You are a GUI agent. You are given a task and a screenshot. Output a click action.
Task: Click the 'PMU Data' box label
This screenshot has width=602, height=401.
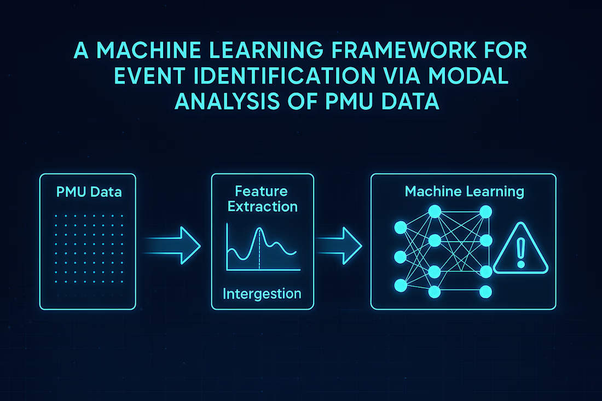(x=89, y=193)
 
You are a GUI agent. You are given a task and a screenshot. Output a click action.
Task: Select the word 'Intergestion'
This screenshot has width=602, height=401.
(x=262, y=294)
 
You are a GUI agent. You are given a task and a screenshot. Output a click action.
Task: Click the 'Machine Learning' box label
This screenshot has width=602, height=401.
(x=464, y=191)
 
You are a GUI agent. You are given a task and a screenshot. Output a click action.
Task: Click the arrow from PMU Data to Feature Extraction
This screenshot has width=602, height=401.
(x=172, y=245)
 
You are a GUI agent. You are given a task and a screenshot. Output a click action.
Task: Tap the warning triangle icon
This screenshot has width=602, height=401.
(x=520, y=252)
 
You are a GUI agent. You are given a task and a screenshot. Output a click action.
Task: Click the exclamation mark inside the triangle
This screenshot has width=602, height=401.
(x=520, y=253)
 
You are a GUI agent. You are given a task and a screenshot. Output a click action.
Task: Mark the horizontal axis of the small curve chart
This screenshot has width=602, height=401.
(x=263, y=269)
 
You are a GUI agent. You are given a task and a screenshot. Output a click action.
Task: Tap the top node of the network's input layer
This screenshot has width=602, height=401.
(x=400, y=226)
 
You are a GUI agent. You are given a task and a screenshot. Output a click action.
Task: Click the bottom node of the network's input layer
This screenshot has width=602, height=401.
(x=400, y=284)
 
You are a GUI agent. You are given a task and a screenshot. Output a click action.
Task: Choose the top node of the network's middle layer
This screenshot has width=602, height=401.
(x=435, y=211)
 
